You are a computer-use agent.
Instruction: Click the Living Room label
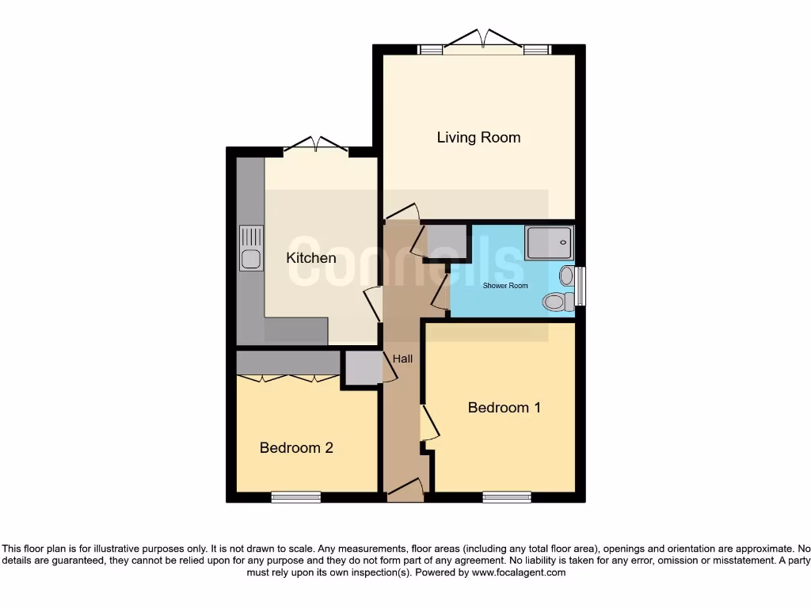[x=478, y=138]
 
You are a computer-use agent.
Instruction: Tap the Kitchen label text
[x=310, y=258]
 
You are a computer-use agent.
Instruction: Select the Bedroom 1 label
[x=504, y=408]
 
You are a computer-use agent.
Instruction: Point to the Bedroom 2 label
[x=296, y=448]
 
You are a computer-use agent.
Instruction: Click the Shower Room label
[x=505, y=286]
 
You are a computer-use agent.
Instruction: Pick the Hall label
[x=402, y=359]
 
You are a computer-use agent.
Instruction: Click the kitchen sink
[x=251, y=249]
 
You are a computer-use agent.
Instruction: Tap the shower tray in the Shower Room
[x=548, y=241]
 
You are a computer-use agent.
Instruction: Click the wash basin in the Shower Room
[x=567, y=275]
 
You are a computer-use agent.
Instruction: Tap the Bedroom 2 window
[x=295, y=497]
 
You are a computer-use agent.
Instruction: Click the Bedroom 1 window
[x=507, y=497]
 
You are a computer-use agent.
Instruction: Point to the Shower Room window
[x=581, y=287]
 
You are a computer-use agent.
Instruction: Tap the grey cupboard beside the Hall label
[x=362, y=368]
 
